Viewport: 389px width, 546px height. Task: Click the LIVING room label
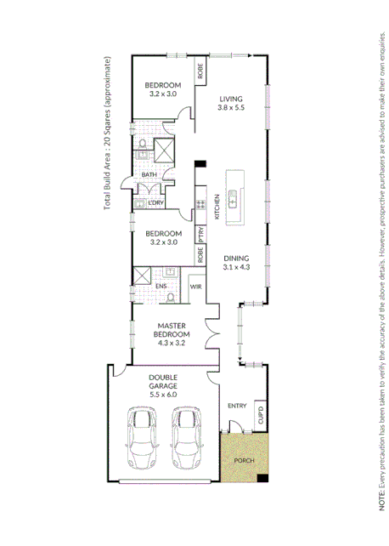coord(231,98)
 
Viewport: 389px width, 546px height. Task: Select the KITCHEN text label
coord(217,207)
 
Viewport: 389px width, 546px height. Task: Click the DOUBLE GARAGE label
coord(162,379)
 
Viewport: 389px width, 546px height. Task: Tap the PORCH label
coord(245,460)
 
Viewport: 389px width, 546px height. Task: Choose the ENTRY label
coord(237,405)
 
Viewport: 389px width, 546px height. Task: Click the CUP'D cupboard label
coord(261,416)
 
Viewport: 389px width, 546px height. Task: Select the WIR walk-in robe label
coord(195,287)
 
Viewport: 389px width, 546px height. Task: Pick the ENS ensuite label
coord(160,287)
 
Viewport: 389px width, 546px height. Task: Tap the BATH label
coord(149,175)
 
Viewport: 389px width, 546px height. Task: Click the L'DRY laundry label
coord(155,202)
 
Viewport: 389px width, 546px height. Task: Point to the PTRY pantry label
coord(200,234)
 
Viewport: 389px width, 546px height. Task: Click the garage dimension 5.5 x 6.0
coord(162,394)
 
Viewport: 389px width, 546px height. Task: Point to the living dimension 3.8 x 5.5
coord(231,108)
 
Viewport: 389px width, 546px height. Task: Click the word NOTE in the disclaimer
coord(381,503)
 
